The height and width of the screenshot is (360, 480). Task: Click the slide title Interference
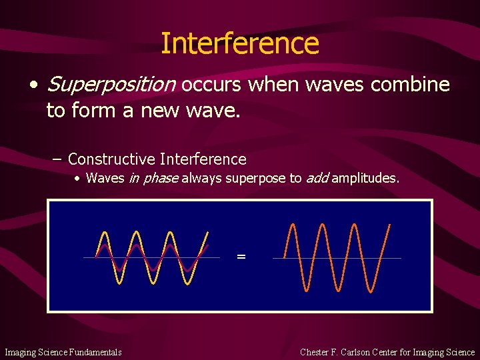point(240,43)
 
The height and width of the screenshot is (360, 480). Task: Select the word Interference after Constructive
point(203,159)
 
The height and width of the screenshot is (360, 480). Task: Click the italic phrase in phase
point(153,178)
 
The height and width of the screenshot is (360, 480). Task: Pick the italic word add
point(317,178)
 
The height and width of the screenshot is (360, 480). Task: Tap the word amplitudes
point(365,178)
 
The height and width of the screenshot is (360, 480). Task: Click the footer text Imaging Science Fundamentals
point(63,352)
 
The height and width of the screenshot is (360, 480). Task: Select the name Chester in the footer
point(317,352)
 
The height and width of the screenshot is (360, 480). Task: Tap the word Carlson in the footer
point(360,352)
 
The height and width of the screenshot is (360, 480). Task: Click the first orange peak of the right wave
point(291,224)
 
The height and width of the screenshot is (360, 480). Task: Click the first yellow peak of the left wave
point(103,232)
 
